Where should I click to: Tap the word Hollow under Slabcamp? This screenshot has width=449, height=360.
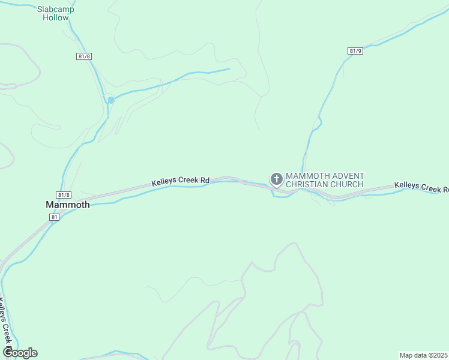[56, 17]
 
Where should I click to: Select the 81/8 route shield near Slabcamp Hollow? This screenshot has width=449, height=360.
[84, 56]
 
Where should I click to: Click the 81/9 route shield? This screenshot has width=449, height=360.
[355, 51]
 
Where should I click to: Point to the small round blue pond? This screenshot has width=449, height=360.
[111, 100]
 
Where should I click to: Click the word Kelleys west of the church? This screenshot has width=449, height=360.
[163, 181]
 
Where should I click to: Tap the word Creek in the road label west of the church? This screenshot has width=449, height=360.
[188, 180]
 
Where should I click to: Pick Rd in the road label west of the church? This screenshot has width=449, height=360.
[205, 179]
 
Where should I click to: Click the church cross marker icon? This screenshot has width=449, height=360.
[276, 179]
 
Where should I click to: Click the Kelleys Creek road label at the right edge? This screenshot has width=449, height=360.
[421, 187]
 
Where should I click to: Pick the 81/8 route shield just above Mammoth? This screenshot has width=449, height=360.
[64, 195]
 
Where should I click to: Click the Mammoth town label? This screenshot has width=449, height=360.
[68, 205]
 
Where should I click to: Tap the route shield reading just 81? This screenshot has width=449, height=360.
[55, 217]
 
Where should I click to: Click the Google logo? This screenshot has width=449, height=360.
[20, 353]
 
